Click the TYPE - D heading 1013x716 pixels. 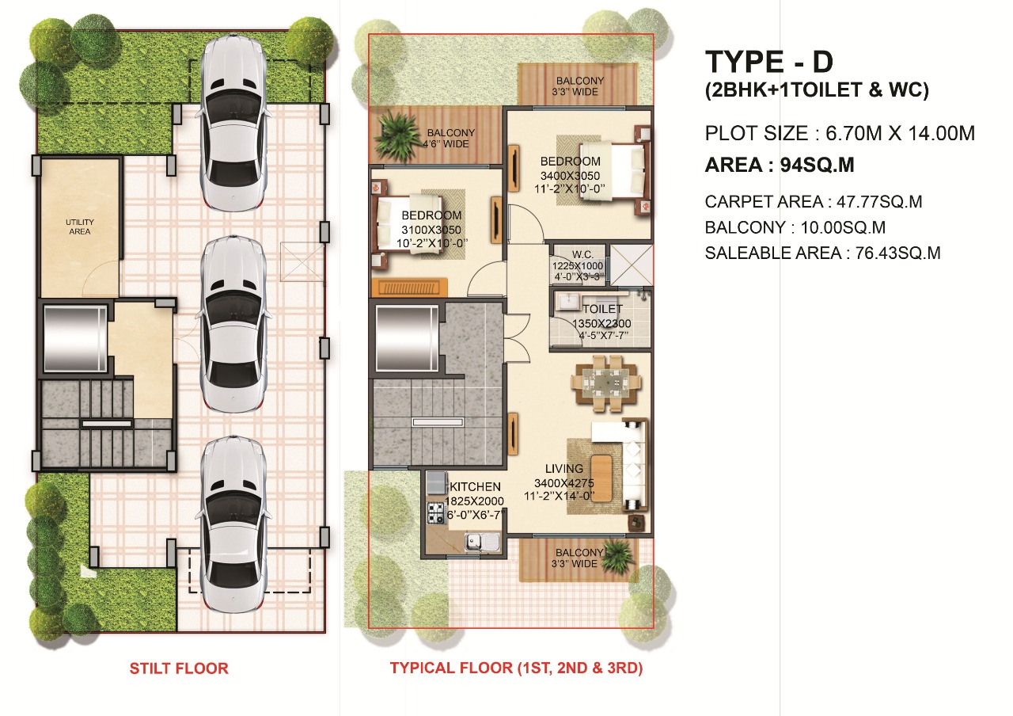(768, 62)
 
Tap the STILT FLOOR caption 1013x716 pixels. (179, 668)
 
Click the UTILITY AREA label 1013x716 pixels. (80, 227)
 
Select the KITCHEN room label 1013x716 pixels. (475, 486)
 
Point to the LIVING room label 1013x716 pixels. (564, 468)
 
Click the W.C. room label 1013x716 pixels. (583, 255)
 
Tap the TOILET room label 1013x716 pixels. (602, 309)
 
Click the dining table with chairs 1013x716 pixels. (606, 383)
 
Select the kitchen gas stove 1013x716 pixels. (437, 513)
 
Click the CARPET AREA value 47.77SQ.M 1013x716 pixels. (879, 201)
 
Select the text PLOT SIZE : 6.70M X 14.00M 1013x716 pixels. (840, 133)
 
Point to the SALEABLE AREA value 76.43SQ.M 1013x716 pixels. (897, 253)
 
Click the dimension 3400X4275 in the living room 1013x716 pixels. (564, 483)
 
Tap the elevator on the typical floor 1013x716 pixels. (407, 338)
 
